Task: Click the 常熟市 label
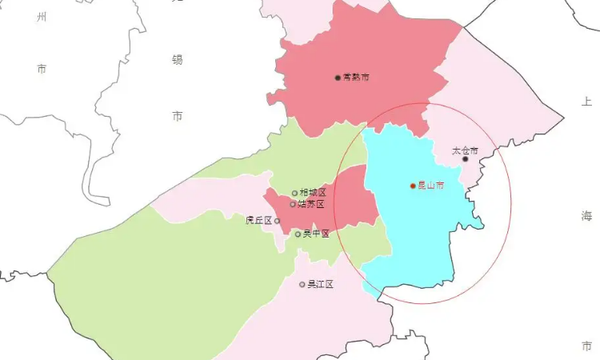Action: [356, 78]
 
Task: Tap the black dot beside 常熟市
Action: [338, 78]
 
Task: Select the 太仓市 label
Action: [464, 150]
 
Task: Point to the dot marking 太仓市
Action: [466, 159]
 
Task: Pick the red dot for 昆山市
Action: [413, 186]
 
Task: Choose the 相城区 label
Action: [313, 193]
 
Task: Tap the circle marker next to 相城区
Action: [294, 193]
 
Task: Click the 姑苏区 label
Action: [311, 204]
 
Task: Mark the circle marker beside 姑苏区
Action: [293, 204]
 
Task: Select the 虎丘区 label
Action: [259, 221]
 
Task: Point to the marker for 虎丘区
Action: [278, 221]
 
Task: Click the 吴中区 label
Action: [316, 234]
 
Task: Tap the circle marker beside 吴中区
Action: [298, 234]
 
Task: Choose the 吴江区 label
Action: [320, 284]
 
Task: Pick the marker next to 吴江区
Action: [302, 284]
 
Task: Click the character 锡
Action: [177, 59]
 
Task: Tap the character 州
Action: [42, 17]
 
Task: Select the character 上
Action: [586, 102]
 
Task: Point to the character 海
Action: [586, 215]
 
